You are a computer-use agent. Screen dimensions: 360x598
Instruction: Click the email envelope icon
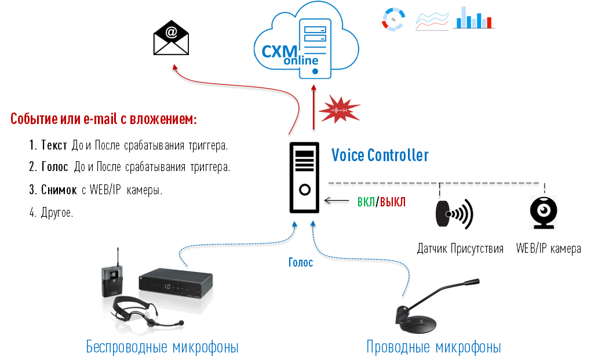(x=172, y=38)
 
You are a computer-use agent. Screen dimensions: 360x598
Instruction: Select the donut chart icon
(x=393, y=19)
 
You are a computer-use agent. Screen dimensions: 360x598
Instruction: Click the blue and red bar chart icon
(x=473, y=18)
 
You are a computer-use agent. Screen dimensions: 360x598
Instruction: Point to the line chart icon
(x=432, y=20)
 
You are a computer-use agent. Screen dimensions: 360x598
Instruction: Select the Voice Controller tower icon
(x=304, y=178)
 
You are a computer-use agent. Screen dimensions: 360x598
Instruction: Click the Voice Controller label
(x=380, y=155)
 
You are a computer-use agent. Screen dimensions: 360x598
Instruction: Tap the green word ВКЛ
(x=366, y=202)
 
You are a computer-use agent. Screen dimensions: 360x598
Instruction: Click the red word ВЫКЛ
(x=393, y=202)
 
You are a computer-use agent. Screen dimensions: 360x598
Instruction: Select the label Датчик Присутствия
(x=460, y=249)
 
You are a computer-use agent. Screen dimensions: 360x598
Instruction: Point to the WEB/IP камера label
(x=548, y=249)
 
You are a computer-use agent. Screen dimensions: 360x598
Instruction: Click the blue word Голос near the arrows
(x=301, y=263)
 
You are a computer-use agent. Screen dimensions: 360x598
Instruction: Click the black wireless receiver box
(x=174, y=283)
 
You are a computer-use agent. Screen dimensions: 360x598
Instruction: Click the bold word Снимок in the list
(x=59, y=190)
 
